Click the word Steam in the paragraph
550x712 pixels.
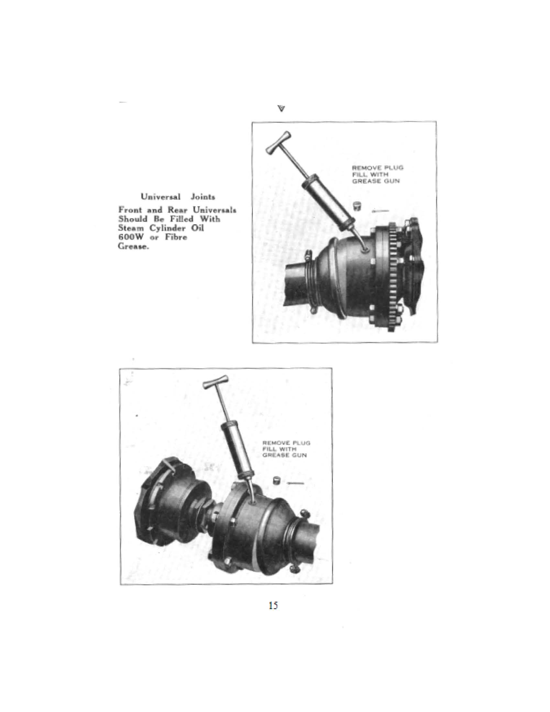130,228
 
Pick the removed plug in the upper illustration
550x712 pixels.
358,206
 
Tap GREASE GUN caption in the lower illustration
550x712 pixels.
284,455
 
